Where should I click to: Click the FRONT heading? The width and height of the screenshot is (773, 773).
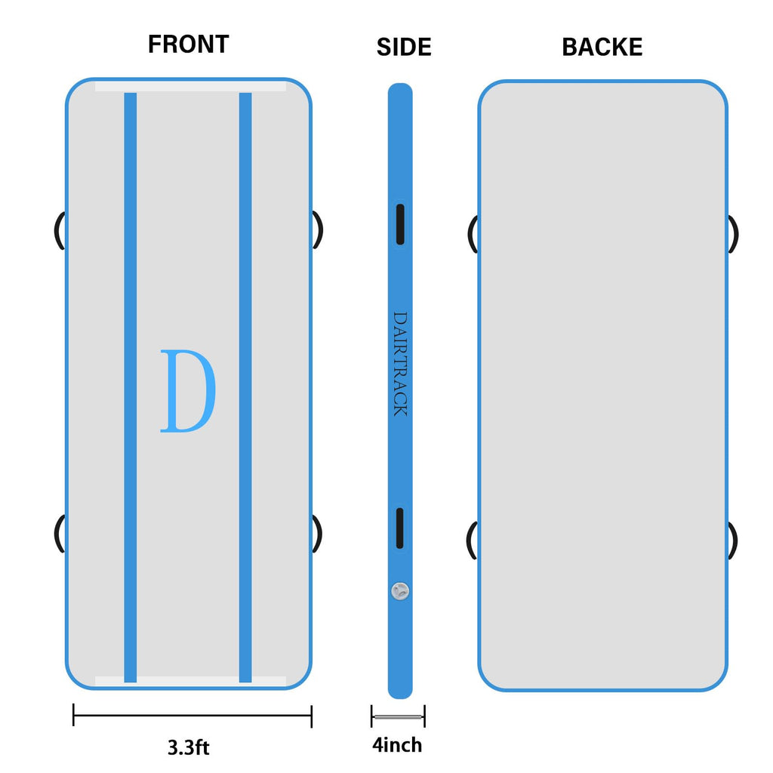(188, 45)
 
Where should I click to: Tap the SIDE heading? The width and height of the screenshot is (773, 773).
(404, 48)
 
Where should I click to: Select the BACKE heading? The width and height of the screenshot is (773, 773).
(602, 48)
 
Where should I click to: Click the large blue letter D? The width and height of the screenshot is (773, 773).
(188, 391)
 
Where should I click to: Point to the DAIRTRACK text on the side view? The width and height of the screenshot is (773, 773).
(400, 364)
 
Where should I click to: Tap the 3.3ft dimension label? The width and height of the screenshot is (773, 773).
(188, 748)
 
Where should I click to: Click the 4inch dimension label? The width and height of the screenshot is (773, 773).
(397, 746)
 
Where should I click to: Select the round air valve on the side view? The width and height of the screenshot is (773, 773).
(400, 590)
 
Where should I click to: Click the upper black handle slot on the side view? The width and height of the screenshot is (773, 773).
(400, 223)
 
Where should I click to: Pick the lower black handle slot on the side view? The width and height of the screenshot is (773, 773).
(400, 528)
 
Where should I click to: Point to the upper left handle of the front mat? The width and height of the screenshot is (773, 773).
(59, 230)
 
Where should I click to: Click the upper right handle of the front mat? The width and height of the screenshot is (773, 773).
(318, 229)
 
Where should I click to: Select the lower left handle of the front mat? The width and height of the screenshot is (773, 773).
(59, 533)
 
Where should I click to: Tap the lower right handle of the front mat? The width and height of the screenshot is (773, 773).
(318, 533)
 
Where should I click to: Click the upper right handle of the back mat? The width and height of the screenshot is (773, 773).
(733, 234)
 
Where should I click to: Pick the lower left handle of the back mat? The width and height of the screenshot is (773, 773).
(472, 540)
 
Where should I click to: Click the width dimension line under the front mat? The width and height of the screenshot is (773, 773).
(192, 715)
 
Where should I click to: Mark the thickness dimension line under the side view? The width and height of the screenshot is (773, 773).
(398, 716)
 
